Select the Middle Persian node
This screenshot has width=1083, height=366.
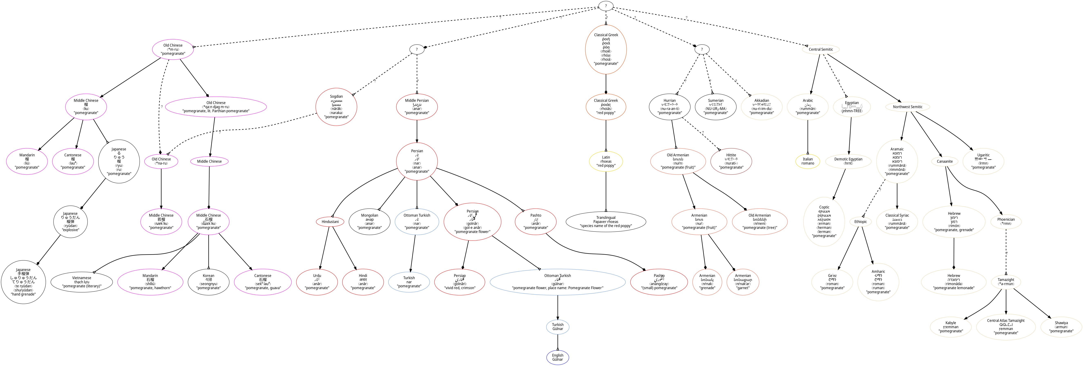[417, 107]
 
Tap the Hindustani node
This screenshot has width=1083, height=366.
[330, 222]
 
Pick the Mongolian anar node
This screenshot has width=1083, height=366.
[370, 222]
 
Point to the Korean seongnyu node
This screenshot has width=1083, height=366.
[209, 282]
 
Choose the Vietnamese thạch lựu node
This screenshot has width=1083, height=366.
[82, 282]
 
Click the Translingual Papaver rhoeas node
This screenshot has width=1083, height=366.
[606, 222]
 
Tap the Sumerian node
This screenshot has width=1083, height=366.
[716, 107]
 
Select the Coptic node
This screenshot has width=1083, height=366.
[824, 222]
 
